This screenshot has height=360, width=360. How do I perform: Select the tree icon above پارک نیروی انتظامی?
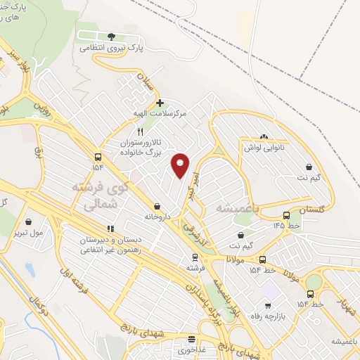point(110,37)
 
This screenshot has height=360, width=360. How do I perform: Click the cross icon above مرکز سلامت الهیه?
point(160,103)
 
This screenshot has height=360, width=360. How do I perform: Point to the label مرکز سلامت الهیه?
point(162,112)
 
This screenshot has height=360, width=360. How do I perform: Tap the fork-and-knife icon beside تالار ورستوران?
point(141,131)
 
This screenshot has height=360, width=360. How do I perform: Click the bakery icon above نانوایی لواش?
point(264,136)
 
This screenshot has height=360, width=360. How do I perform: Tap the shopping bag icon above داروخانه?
point(156,206)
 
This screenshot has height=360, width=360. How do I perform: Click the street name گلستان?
point(313,210)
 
